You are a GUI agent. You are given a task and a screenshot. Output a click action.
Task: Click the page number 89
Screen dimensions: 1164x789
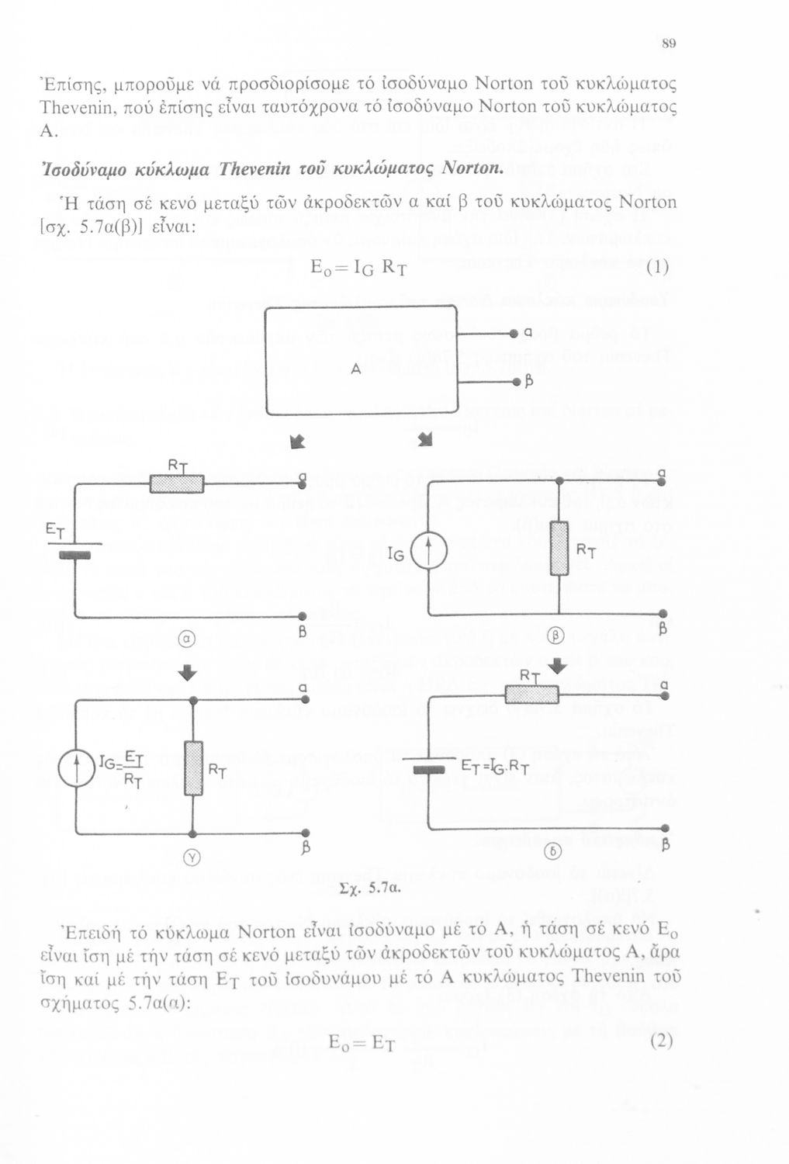pos(669,43)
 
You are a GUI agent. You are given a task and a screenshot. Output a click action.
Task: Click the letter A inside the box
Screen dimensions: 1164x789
pos(355,370)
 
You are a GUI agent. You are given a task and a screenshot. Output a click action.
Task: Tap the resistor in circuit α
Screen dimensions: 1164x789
pos(177,483)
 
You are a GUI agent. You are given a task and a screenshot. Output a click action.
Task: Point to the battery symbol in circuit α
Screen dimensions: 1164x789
pos(75,553)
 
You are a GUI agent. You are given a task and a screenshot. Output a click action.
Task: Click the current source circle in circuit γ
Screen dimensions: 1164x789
pos(76,771)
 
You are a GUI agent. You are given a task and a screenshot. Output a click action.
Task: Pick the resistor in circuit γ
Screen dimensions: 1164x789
pos(193,768)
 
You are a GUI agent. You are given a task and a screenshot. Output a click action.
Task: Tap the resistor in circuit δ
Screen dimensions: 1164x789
pos(531,694)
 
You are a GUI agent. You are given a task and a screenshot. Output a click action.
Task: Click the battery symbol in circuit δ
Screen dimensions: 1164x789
pos(429,768)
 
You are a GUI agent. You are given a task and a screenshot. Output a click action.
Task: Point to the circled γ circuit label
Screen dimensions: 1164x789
pos(192,857)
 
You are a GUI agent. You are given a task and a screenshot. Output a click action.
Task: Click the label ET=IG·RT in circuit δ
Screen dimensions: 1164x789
pos(495,767)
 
